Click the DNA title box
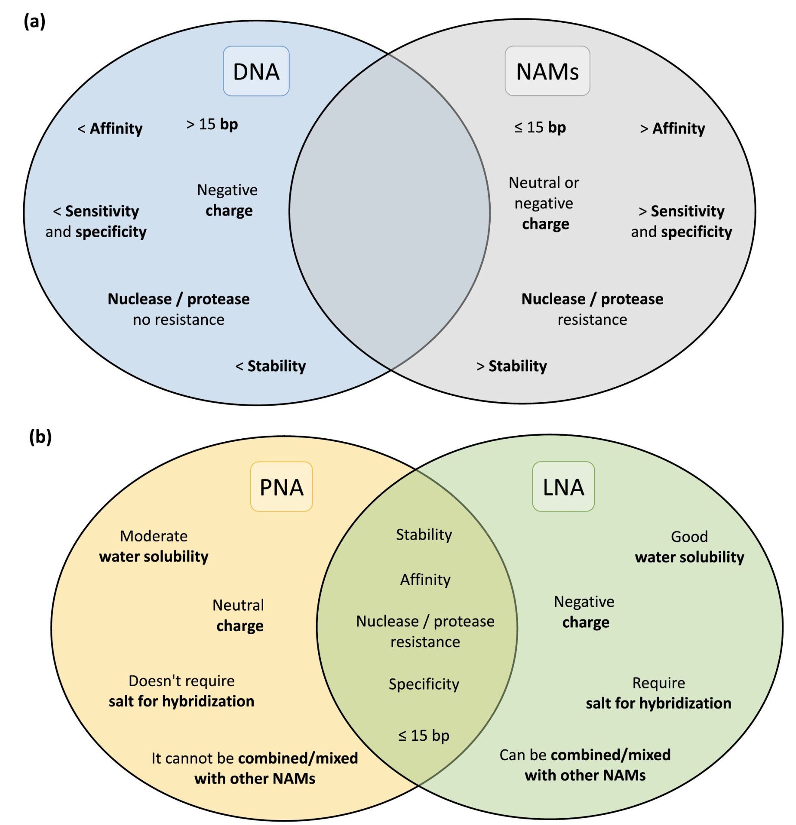tap(256, 71)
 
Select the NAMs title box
tap(547, 71)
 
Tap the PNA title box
tap(281, 487)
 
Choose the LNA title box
tap(563, 487)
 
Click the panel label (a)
tap(34, 21)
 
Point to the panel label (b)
tap(40, 437)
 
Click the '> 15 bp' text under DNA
tap(212, 124)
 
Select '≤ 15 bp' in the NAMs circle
tap(540, 127)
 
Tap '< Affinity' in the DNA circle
tap(110, 128)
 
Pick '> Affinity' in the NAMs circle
tap(672, 128)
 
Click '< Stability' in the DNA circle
tap(270, 366)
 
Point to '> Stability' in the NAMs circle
tap(512, 366)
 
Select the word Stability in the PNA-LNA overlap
tap(424, 535)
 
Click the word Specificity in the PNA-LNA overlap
tap(424, 684)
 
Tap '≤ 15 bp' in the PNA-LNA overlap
tap(424, 736)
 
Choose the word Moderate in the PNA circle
tap(154, 536)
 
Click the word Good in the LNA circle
tap(689, 536)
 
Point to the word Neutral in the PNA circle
tap(238, 605)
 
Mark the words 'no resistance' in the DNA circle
tap(178, 320)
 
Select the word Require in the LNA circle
tap(658, 683)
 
